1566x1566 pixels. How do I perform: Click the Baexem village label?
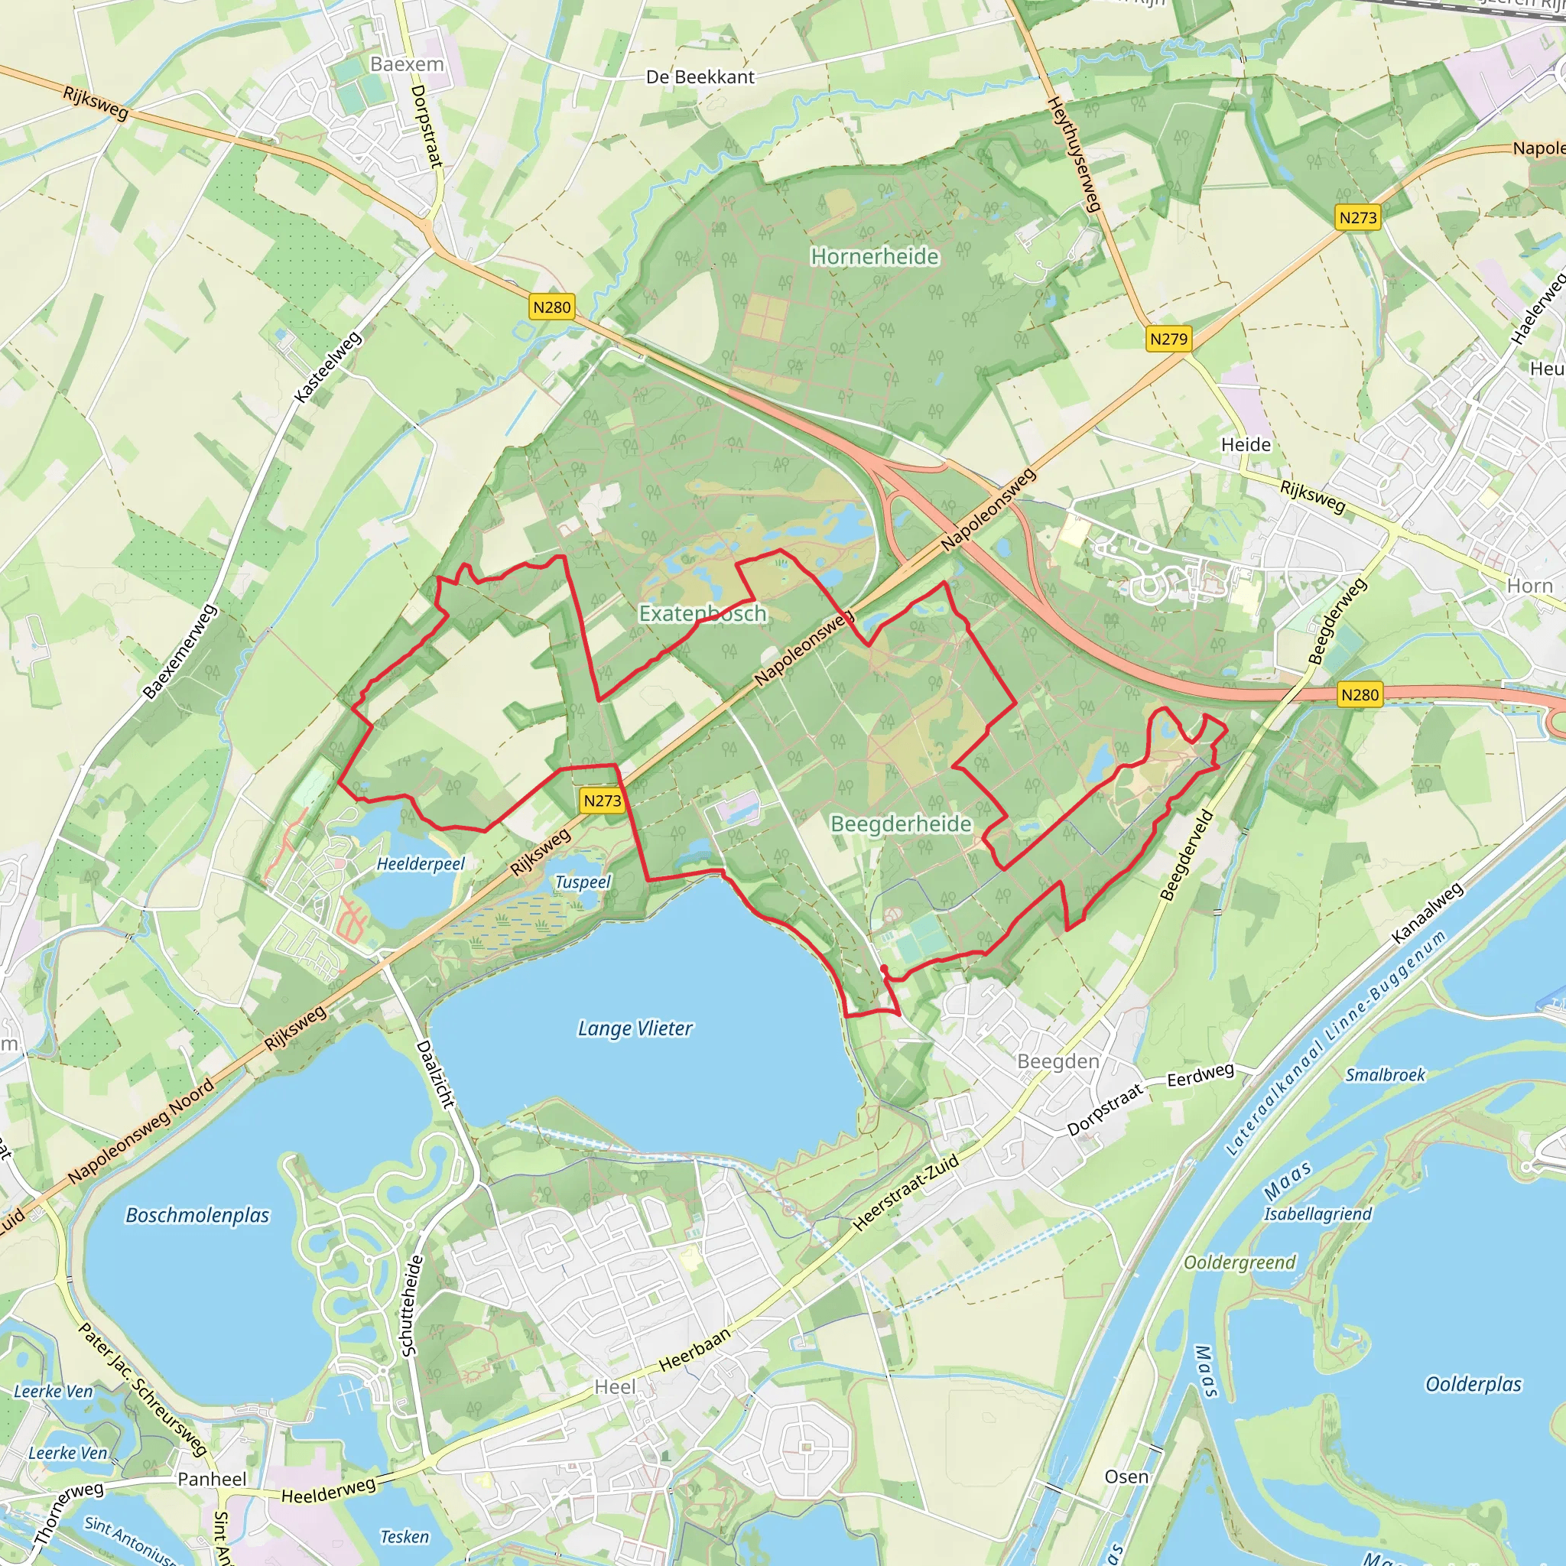(407, 64)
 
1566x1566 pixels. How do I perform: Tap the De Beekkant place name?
(700, 77)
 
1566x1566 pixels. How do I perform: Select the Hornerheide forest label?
(875, 257)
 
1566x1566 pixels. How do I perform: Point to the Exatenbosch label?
(702, 613)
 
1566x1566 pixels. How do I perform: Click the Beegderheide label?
(901, 824)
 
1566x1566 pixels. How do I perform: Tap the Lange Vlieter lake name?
(635, 1028)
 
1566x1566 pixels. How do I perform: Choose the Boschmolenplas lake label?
(197, 1215)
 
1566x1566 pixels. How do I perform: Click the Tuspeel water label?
(583, 882)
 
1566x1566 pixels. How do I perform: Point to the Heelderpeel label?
(421, 864)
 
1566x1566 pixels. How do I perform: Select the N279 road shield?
(1168, 339)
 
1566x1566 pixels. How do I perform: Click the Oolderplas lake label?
(1473, 1383)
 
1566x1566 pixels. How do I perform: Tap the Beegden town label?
(1058, 1062)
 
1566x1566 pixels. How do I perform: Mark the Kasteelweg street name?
(327, 367)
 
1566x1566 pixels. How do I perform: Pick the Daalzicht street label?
(435, 1074)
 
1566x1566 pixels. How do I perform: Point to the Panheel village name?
(212, 1480)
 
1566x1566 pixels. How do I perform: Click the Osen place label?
(1126, 1477)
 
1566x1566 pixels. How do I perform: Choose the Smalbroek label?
(1385, 1075)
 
